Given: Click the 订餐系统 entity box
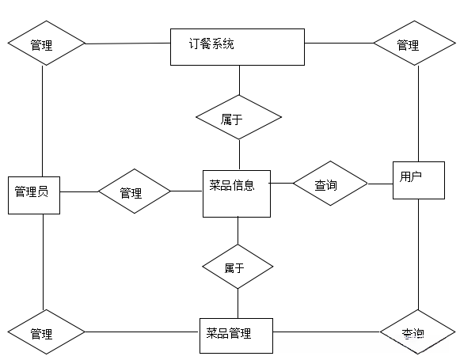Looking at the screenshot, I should [x=238, y=47].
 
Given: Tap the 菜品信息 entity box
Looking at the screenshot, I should [x=237, y=193].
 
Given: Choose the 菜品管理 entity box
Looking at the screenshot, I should [x=235, y=335].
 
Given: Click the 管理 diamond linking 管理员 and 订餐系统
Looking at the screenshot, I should [x=44, y=44].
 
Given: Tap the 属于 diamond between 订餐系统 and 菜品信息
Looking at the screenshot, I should [x=238, y=118].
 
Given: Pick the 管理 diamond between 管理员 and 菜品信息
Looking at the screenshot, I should [x=134, y=191].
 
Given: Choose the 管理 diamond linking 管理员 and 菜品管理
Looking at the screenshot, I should [x=44, y=333].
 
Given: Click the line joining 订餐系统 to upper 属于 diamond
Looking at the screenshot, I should [x=238, y=80].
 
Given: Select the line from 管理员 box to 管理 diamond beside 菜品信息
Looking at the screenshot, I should [x=79, y=191].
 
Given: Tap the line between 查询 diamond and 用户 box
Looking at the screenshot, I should [x=380, y=184].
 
